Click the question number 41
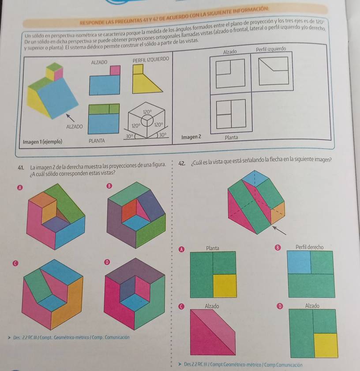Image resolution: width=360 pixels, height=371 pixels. point(20,167)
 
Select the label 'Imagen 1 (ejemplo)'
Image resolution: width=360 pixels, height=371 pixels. point(42,142)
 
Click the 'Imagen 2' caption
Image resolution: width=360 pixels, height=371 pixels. point(191,137)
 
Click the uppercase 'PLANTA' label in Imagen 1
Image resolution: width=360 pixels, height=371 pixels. point(96,141)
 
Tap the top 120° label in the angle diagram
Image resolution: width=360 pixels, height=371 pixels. point(147,112)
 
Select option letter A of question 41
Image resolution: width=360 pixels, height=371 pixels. point(19,188)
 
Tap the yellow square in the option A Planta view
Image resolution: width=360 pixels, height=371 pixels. point(225,285)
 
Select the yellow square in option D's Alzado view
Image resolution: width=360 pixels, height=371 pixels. point(326,344)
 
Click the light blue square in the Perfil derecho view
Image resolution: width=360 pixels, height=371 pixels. point(299,262)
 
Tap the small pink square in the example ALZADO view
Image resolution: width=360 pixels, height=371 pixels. point(115,70)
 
